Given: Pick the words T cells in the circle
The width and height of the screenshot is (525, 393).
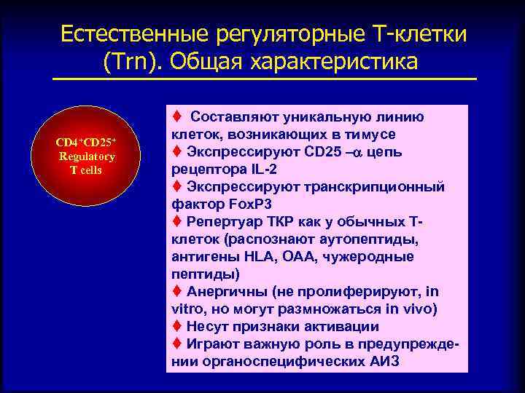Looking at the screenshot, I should coord(86,170).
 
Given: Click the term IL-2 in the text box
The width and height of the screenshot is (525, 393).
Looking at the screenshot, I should coord(245,169).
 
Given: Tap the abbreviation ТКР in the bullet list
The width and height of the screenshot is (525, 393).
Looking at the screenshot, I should coord(275,221).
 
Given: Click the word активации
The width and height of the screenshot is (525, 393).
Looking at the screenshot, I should coord(341,326).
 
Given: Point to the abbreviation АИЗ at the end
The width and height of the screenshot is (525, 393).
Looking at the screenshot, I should coord(380,361).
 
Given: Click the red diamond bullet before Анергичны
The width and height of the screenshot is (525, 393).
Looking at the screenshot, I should coord(176,291).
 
